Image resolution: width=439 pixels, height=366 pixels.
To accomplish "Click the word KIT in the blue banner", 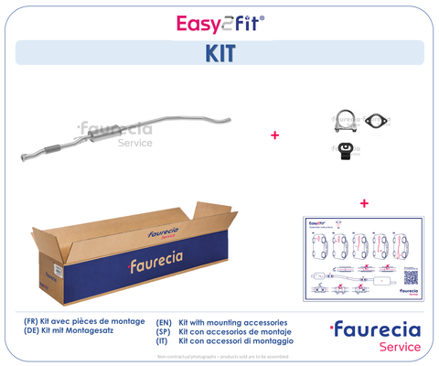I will (x=219, y=53).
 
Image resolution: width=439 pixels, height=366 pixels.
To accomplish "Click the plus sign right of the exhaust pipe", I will (x=274, y=135).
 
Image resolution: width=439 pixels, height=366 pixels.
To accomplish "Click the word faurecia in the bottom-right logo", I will (x=380, y=329).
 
